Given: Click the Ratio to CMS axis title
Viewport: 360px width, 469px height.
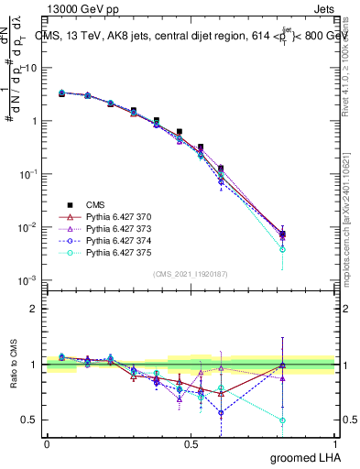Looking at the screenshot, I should [13, 375].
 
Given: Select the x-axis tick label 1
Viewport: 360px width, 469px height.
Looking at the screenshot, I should [334, 444].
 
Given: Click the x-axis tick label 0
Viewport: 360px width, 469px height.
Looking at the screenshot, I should [47, 444].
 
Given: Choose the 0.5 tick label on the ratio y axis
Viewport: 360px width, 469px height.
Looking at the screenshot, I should [29, 420].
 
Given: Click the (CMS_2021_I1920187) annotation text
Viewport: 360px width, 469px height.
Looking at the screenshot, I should [190, 274].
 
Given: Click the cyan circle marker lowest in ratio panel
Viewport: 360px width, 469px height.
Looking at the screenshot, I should [282, 420].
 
